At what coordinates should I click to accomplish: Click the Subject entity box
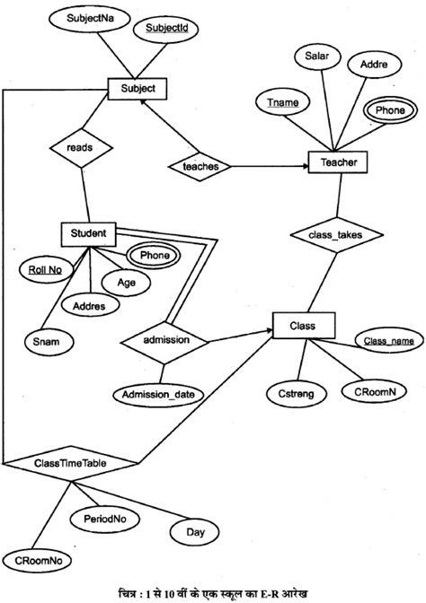click(138, 89)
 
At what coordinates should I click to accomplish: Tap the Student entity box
click(89, 235)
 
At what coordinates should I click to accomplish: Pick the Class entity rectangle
click(303, 323)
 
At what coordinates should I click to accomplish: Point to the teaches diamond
click(200, 166)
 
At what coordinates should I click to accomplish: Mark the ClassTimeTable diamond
click(71, 463)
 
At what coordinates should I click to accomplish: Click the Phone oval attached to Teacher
click(389, 110)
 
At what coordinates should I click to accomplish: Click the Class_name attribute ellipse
click(388, 341)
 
